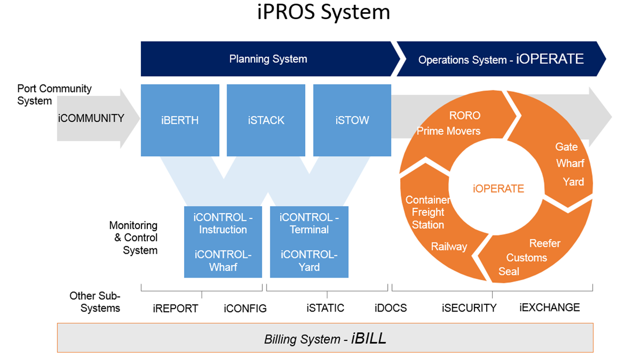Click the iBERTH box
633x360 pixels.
pyautogui.click(x=180, y=120)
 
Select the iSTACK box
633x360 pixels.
pyautogui.click(x=266, y=120)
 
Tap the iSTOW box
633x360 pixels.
pyautogui.click(x=352, y=120)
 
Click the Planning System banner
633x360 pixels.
pyautogui.click(x=268, y=59)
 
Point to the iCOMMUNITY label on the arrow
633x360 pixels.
pyautogui.click(x=91, y=118)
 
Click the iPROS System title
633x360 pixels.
pyautogui.click(x=323, y=12)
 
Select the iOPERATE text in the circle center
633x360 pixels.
pyautogui.click(x=498, y=188)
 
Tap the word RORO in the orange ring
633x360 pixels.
pyautogui.click(x=465, y=115)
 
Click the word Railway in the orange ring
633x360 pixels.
pyautogui.click(x=449, y=247)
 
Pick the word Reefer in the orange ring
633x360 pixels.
pyautogui.click(x=545, y=244)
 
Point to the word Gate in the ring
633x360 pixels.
pyautogui.click(x=567, y=147)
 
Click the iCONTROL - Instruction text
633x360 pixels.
pyautogui.click(x=223, y=223)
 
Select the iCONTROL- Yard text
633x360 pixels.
pyautogui.click(x=309, y=261)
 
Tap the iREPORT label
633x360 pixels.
pyautogui.click(x=175, y=308)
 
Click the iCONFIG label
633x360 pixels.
pyautogui.click(x=245, y=308)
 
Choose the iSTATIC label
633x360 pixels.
pyautogui.click(x=325, y=308)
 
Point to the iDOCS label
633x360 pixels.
pyautogui.click(x=390, y=308)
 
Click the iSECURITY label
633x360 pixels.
pyautogui.click(x=469, y=308)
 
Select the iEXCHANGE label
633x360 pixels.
pyautogui.click(x=549, y=307)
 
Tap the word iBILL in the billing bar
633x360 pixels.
pyautogui.click(x=369, y=338)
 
